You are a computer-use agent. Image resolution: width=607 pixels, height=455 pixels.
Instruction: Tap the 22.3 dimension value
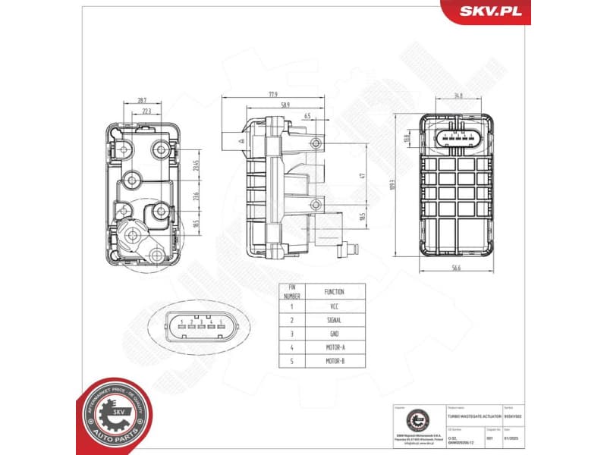pyautogui.click(x=146, y=110)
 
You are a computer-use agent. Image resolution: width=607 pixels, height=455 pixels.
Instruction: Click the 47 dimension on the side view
pyautogui.click(x=362, y=175)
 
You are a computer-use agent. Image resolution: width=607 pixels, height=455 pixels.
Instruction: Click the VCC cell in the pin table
pyautogui.click(x=335, y=306)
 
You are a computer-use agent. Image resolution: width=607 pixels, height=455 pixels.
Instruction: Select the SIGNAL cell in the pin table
pyautogui.click(x=335, y=320)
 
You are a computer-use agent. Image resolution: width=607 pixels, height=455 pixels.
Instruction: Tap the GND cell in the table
pyautogui.click(x=335, y=334)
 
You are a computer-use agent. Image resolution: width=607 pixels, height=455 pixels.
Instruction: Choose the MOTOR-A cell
pyautogui.click(x=335, y=347)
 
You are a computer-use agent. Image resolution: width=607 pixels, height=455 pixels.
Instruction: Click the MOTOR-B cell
pyautogui.click(x=335, y=361)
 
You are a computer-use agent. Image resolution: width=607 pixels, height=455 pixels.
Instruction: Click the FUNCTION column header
pyautogui.click(x=335, y=291)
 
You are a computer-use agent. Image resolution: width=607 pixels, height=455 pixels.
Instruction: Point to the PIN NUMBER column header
pyautogui.click(x=291, y=291)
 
